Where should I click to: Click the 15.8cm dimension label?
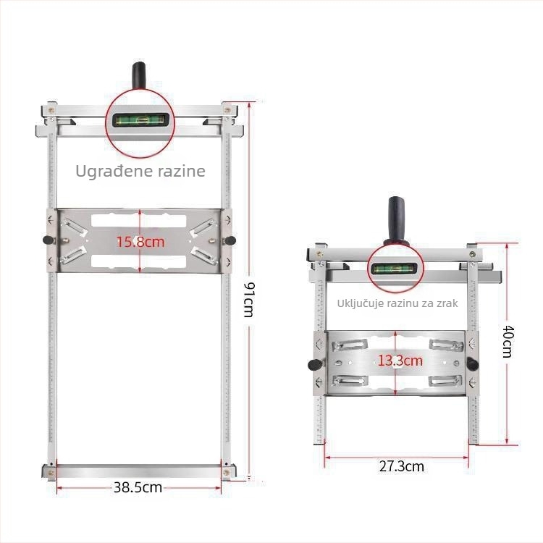coord(140,241)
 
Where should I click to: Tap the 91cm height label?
coord(249,300)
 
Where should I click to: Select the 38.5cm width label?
coord(138,487)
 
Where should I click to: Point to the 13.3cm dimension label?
coord(400,361)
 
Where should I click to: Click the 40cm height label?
coord(508,342)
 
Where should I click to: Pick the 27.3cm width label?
coord(402,466)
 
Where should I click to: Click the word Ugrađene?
coord(113,171)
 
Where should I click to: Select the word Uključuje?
coord(360,303)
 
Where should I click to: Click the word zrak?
coord(447,303)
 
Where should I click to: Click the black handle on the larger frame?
coord(139,76)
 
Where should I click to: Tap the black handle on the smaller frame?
coord(397,221)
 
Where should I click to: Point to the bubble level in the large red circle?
coord(140,120)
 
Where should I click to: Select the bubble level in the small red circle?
coord(394,269)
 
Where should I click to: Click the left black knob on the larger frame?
coord(48,240)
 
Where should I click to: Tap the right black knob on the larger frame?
coord(230,240)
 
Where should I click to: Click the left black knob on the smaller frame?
coord(314,365)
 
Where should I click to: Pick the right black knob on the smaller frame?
coord(472,363)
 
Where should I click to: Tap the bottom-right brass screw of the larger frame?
coord(226,472)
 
